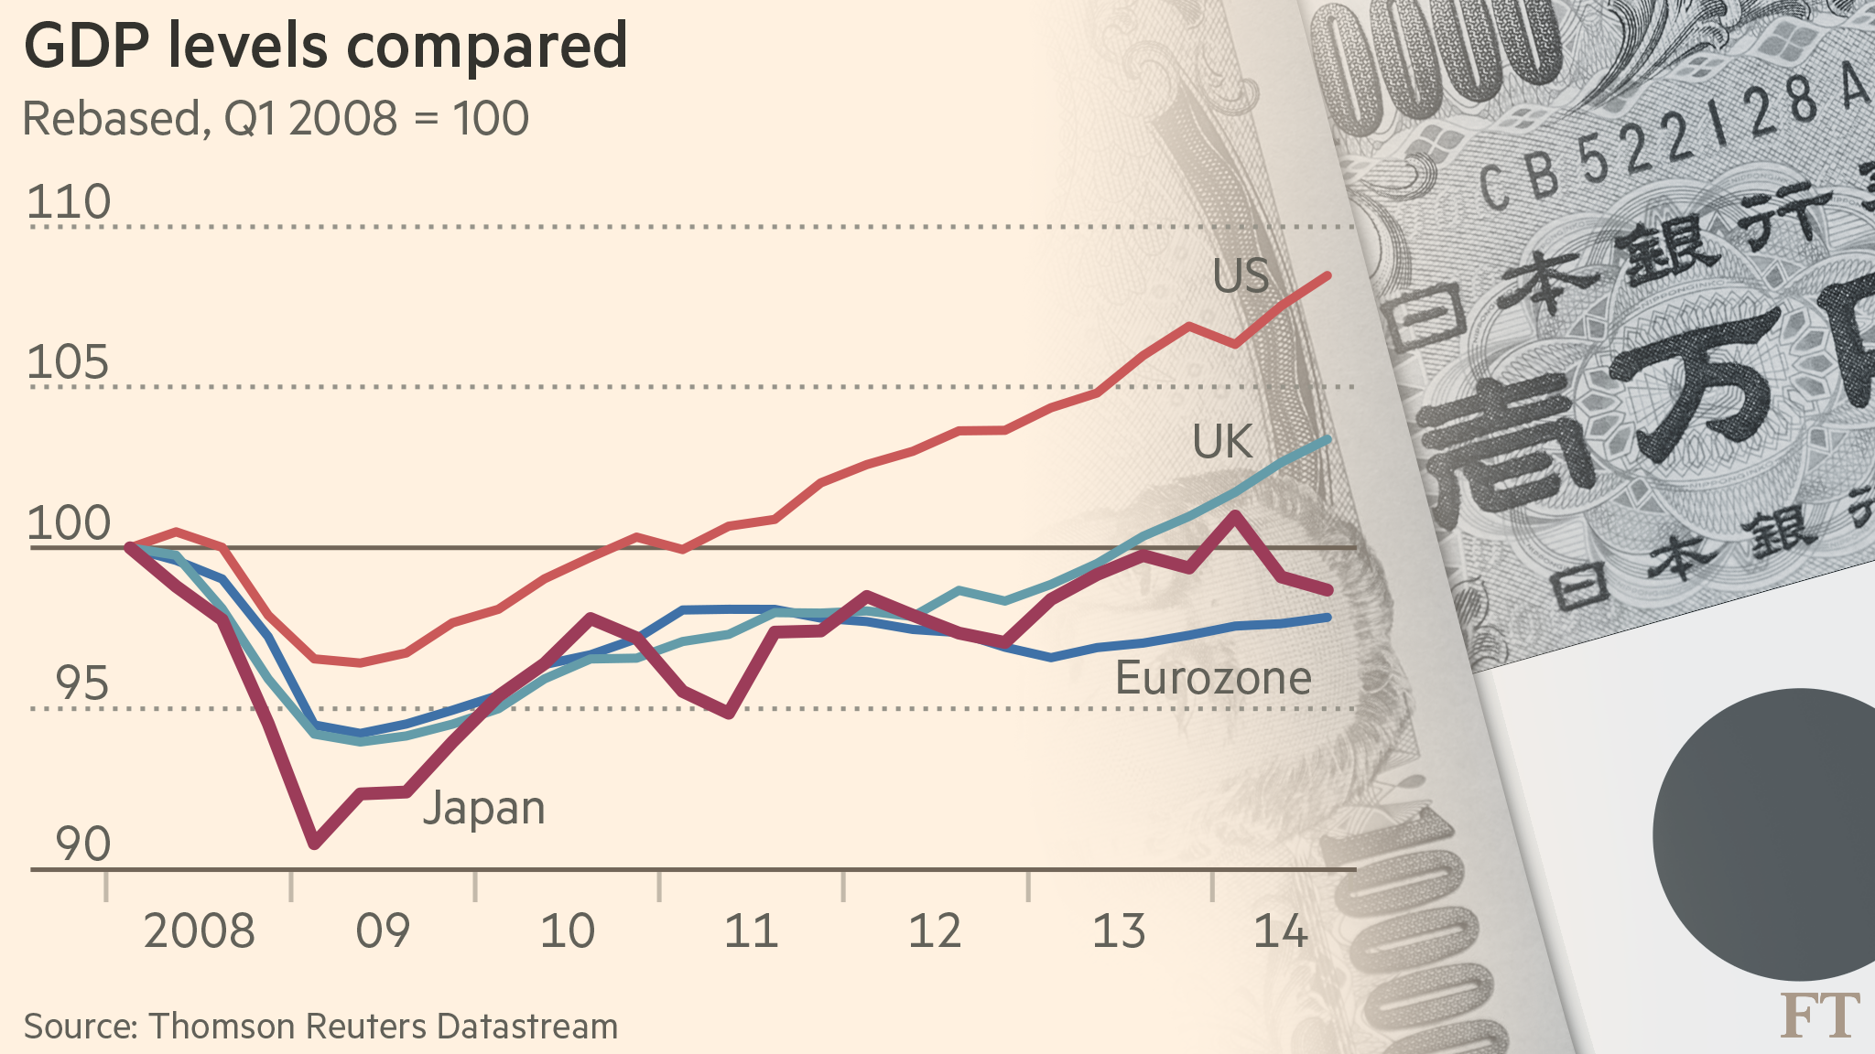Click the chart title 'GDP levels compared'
tap(325, 46)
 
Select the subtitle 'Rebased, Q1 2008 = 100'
tap(275, 119)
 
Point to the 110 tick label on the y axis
tap(69, 202)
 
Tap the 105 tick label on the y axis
tap(69, 363)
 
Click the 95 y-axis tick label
tap(81, 684)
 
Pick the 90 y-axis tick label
tap(82, 844)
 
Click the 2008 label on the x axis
tap(199, 931)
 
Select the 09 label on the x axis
tap(383, 931)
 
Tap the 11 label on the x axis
tap(751, 931)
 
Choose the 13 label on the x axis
tap(1119, 931)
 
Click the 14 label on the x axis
tap(1280, 931)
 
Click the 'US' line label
tap(1241, 275)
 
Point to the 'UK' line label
tap(1221, 443)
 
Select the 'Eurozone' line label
tap(1213, 679)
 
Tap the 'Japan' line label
tap(483, 809)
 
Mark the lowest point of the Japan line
tap(315, 843)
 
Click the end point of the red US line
tap(1328, 275)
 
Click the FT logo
tap(1819, 1016)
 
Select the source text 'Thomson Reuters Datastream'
tap(384, 1027)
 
